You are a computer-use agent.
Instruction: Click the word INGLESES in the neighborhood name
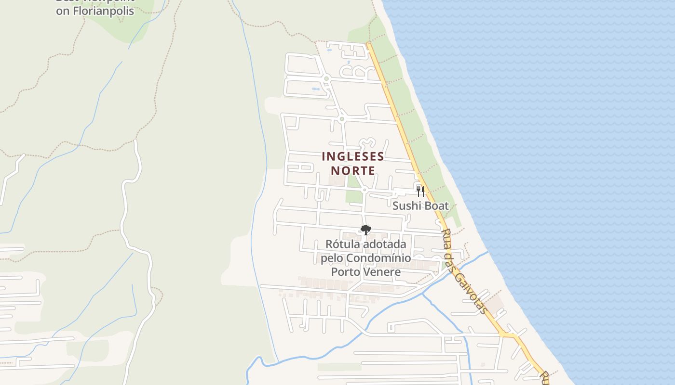pos(352,157)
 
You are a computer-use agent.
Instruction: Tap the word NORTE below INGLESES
pos(352,171)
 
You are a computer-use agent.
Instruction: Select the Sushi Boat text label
pos(420,206)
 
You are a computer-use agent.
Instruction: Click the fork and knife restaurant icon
pos(420,192)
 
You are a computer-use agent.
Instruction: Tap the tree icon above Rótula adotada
pos(366,230)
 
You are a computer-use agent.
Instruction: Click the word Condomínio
pos(381,258)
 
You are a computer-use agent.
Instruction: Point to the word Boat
pos(436,206)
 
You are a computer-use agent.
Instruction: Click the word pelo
pos(332,258)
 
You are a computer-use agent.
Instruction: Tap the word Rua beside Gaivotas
pos(447,239)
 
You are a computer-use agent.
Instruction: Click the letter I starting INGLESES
pos(323,157)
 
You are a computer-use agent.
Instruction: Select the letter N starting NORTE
pos(334,171)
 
